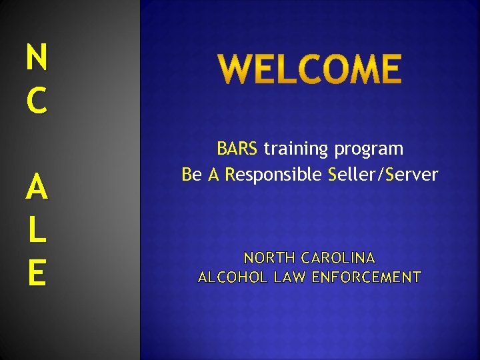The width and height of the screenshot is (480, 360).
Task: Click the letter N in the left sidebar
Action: pyautogui.click(x=37, y=57)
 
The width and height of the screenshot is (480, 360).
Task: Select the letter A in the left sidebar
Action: pyautogui.click(x=37, y=189)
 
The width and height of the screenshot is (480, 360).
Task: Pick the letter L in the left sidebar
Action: pyautogui.click(x=37, y=231)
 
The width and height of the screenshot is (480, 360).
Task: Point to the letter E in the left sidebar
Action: pyautogui.click(x=37, y=273)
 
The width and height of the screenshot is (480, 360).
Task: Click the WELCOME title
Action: pyautogui.click(x=310, y=70)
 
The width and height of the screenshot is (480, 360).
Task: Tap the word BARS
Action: pyautogui.click(x=237, y=148)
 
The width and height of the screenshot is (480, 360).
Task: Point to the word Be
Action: pyautogui.click(x=191, y=175)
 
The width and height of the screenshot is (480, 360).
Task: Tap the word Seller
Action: pyautogui.click(x=353, y=175)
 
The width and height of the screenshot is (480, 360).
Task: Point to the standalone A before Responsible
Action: pyautogui.click(x=214, y=175)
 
